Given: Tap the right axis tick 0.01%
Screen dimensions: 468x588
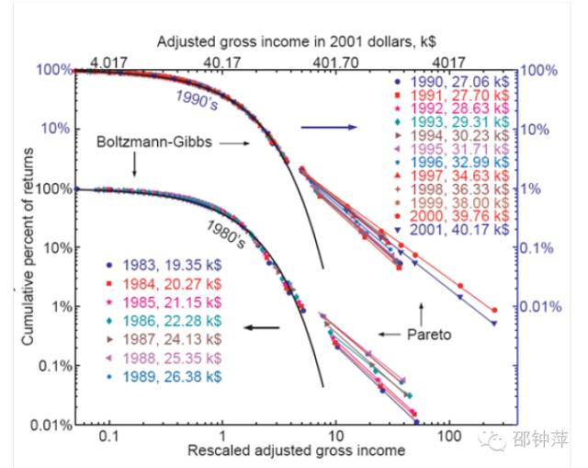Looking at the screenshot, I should [543, 306].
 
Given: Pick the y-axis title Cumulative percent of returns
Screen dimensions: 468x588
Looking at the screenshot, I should [30, 248].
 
